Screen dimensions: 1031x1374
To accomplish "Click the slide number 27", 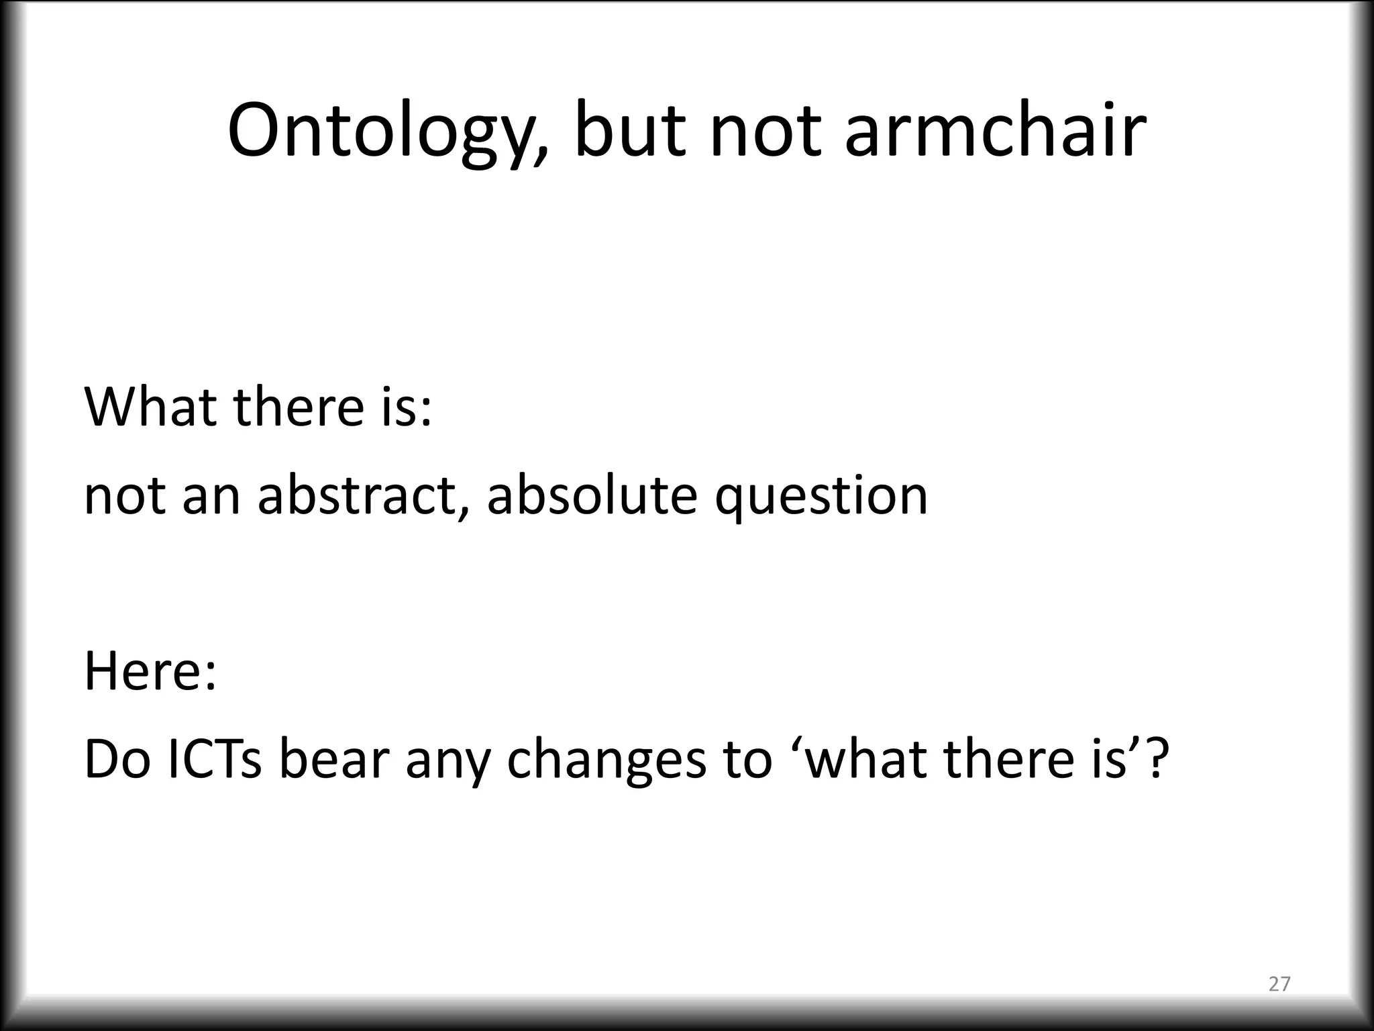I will (x=1279, y=983).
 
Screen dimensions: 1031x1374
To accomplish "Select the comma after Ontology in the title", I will (x=539, y=149).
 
